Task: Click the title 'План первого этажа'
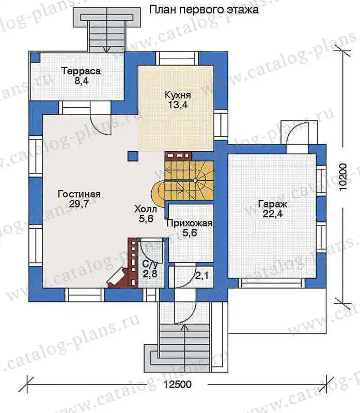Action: point(204,10)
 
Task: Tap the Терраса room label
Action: point(81,71)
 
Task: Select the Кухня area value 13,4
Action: point(178,105)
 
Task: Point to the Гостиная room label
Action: point(79,194)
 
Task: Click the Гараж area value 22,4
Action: point(273,213)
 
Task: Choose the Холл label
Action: point(146,209)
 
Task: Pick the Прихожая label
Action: point(189,224)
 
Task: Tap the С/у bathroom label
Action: point(150,263)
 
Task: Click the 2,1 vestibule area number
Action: point(202,276)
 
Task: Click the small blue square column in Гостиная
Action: point(133,156)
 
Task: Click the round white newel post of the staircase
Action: point(195,181)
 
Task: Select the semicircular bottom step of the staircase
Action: point(158,193)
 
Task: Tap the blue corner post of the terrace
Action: point(35,57)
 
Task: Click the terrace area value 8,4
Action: point(81,81)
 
